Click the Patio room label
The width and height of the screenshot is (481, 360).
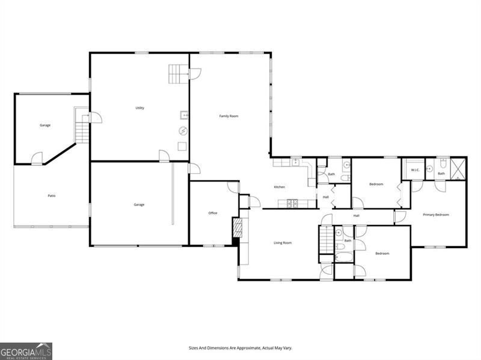point(52,196)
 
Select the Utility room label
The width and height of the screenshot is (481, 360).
point(139,108)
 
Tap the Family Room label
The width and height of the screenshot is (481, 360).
point(228,116)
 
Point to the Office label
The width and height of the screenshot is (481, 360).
point(213,213)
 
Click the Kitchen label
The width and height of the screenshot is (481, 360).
point(280,187)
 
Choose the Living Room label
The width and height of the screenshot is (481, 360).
point(283,243)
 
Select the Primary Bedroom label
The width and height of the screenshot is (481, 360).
point(435,215)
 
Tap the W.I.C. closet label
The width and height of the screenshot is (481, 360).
point(415,170)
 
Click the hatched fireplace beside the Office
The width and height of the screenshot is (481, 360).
point(236,228)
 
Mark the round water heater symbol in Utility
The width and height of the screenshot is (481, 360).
point(183,131)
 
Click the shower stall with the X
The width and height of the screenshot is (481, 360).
point(458,168)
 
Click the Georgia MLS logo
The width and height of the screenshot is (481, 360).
point(26,351)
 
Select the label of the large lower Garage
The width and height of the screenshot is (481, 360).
point(139,205)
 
